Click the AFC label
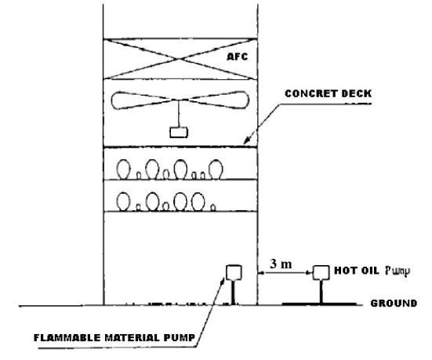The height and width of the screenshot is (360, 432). click(x=238, y=56)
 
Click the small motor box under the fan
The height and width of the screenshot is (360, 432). click(x=179, y=133)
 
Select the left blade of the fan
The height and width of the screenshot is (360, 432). click(x=139, y=100)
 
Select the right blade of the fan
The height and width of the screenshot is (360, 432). click(x=216, y=100)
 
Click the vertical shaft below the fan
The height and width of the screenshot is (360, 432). click(x=179, y=115)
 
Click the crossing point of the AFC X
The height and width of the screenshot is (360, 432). click(x=180, y=59)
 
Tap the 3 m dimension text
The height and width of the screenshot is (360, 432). click(x=281, y=264)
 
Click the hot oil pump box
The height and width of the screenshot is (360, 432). click(x=321, y=272)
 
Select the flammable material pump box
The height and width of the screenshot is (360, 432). click(x=234, y=272)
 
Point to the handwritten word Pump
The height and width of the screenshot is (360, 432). click(x=398, y=271)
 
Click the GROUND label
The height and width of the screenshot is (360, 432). click(x=394, y=304)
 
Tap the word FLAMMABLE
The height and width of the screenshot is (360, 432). click(x=67, y=338)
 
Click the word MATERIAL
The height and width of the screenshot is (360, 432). click(x=133, y=338)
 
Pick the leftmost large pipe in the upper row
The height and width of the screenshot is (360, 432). click(x=124, y=169)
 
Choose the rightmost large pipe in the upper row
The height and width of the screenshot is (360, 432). click(x=216, y=169)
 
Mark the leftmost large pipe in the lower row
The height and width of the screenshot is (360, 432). click(x=123, y=202)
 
